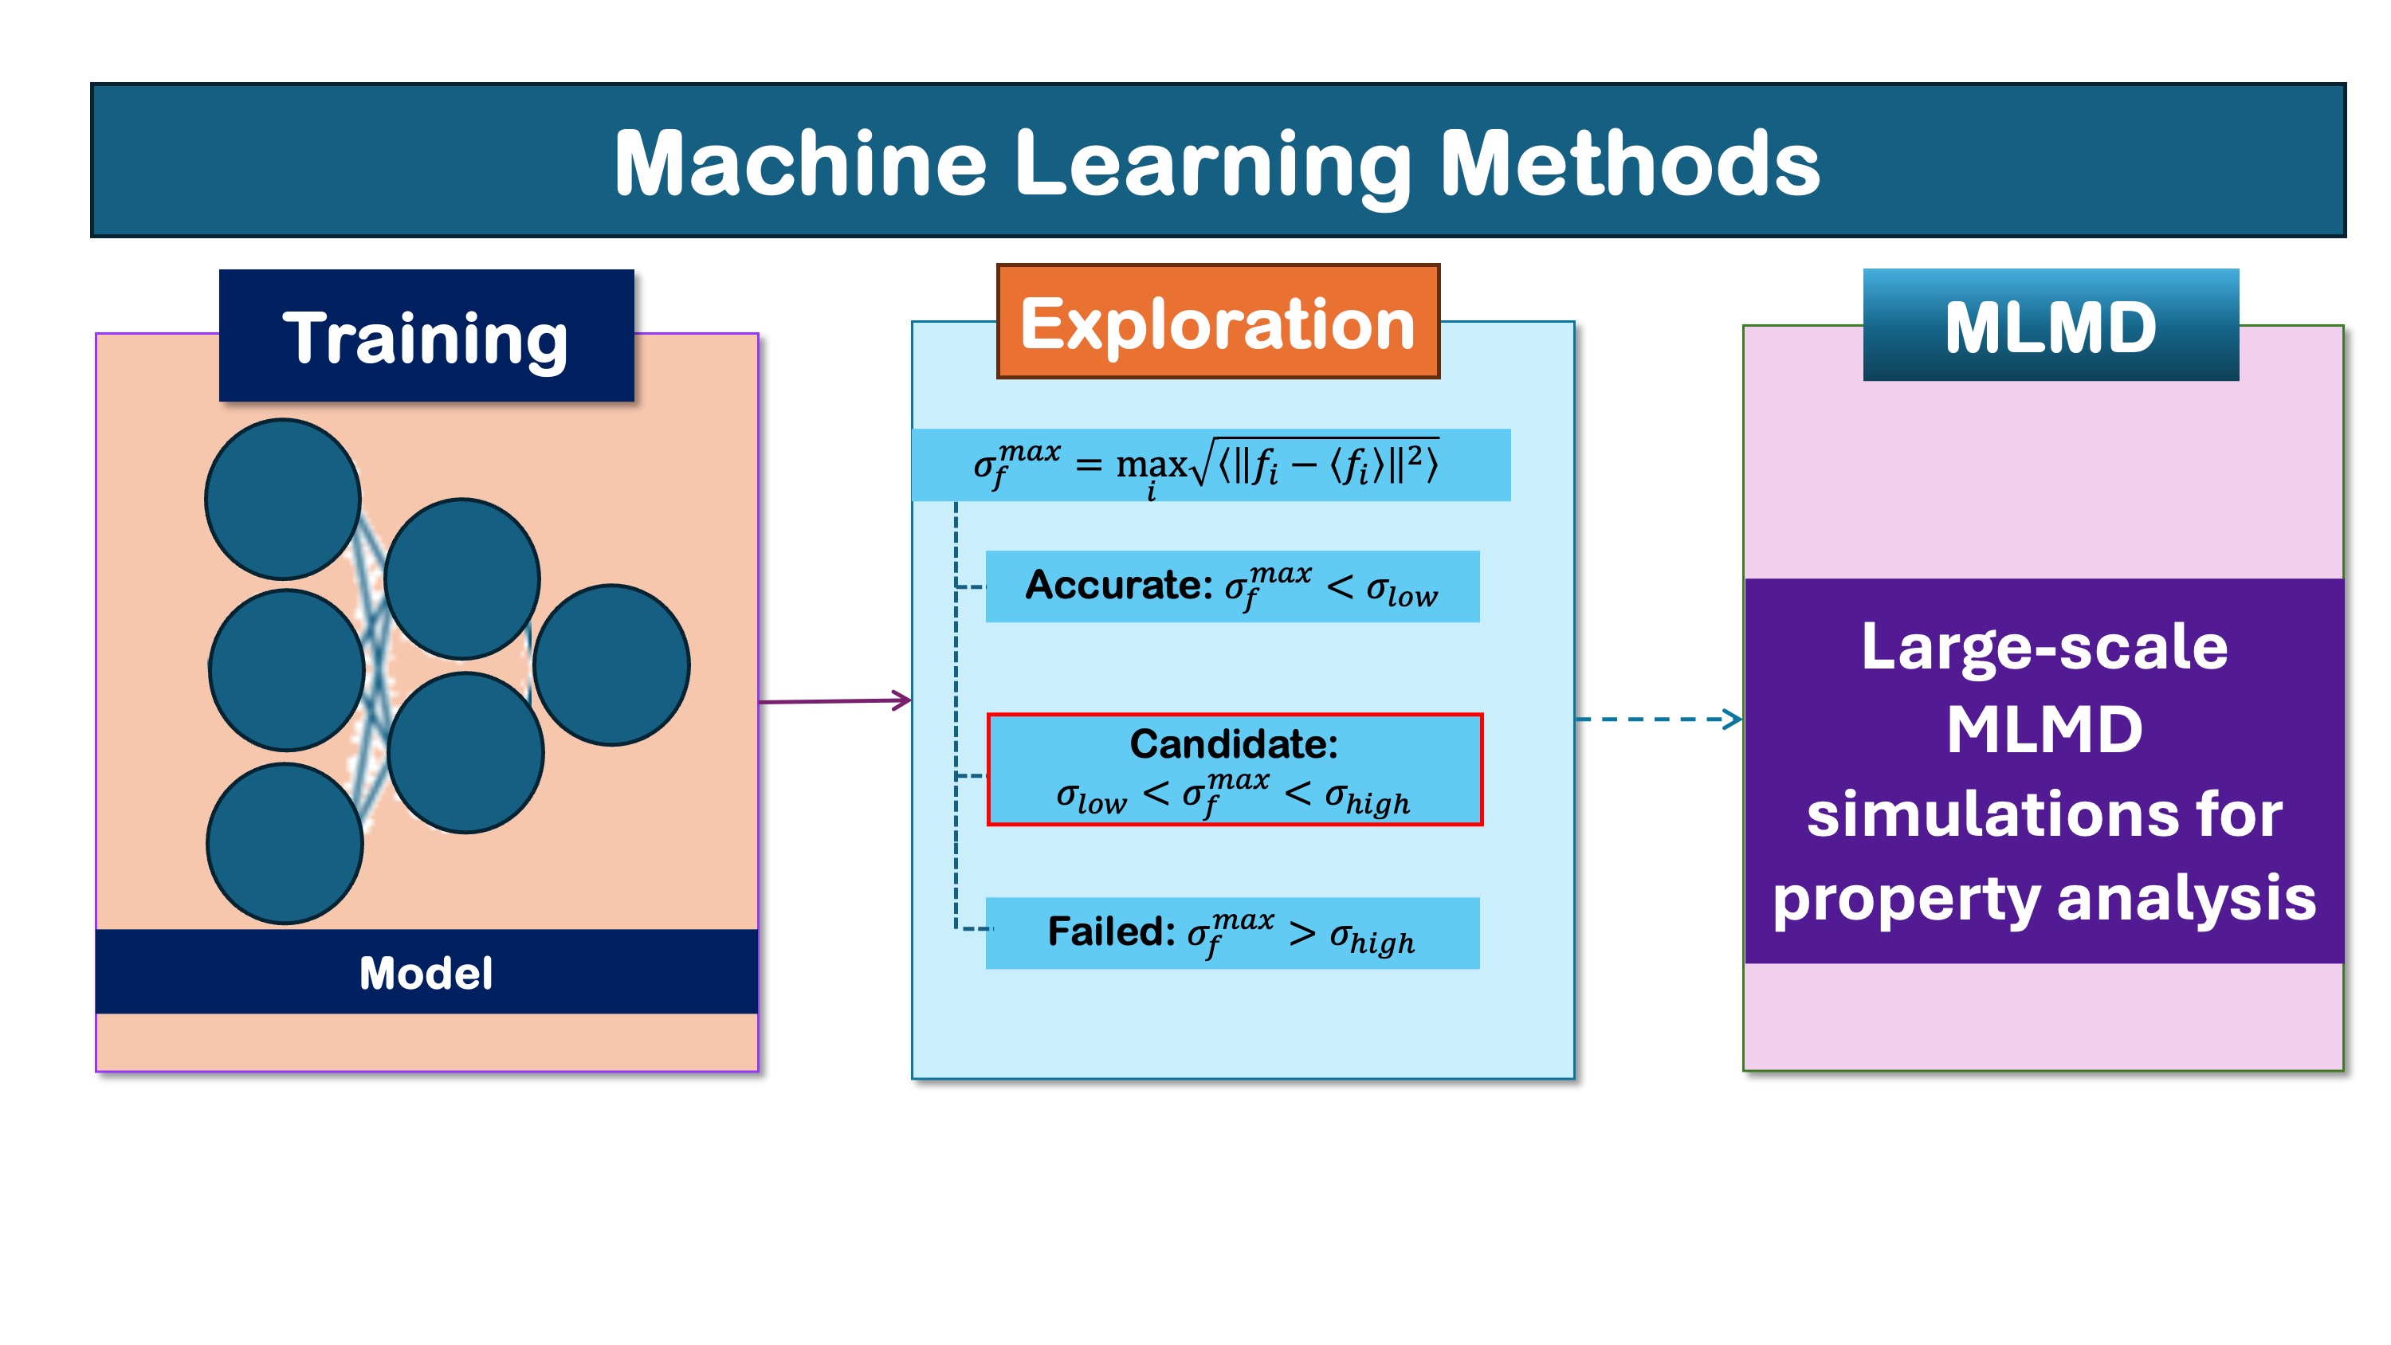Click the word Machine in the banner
[800, 163]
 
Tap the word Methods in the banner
[1630, 163]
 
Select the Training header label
[426, 336]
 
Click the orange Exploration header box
[1218, 321]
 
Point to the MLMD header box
[2051, 325]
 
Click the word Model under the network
[426, 973]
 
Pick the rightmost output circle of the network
[611, 665]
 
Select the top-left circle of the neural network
[283, 500]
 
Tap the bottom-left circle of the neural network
[285, 844]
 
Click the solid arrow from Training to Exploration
[835, 701]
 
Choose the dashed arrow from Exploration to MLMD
[1659, 719]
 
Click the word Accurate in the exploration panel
[1118, 585]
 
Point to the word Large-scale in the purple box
[2044, 649]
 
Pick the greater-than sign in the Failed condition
[1302, 933]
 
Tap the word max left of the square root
[1151, 463]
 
